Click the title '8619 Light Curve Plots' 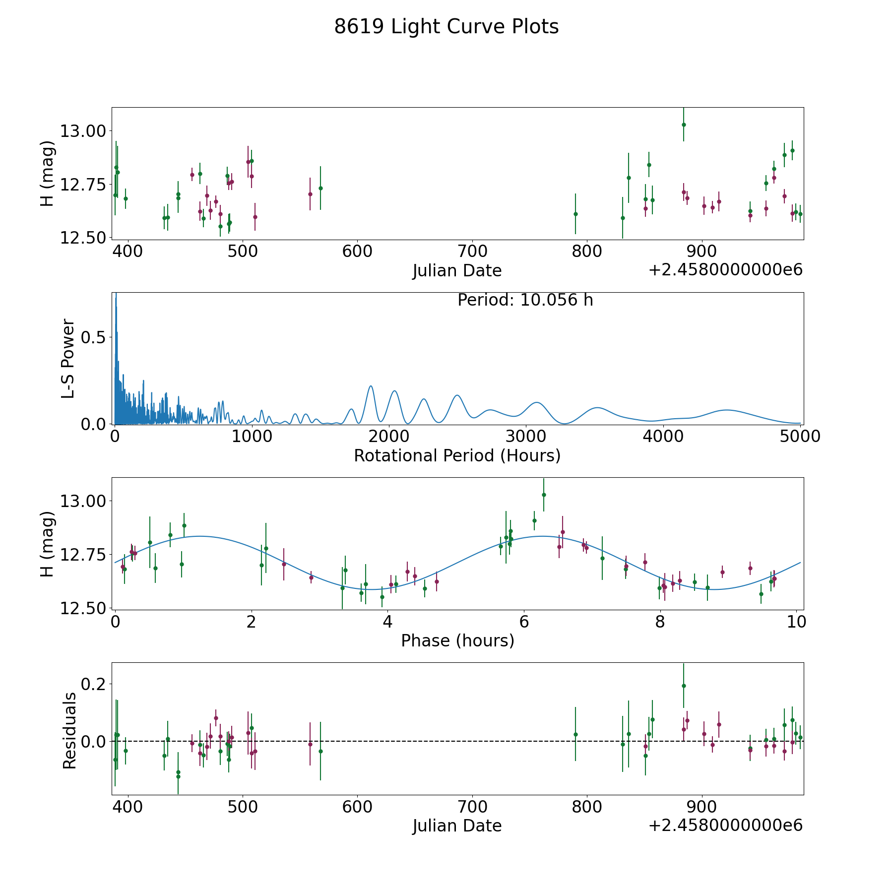pos(446,27)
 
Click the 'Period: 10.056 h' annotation pos(525,300)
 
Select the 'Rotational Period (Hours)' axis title pos(457,455)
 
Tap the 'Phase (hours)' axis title pos(457,640)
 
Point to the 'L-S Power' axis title pos(68,358)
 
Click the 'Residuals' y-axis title pos(69,731)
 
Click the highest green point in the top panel pos(683,125)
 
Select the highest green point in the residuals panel pos(683,686)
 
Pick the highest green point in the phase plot pos(543,495)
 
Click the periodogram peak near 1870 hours pos(371,386)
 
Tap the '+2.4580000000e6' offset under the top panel pos(725,270)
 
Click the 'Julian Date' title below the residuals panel pos(457,826)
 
